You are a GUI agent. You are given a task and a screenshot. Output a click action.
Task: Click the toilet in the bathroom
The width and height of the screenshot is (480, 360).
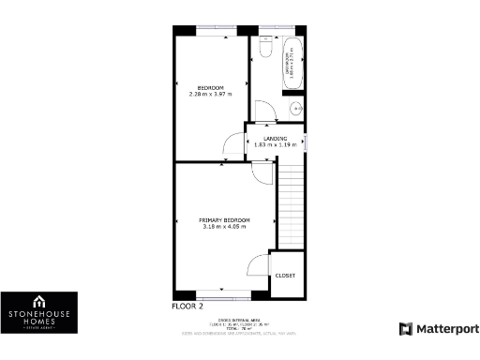pos(264,48)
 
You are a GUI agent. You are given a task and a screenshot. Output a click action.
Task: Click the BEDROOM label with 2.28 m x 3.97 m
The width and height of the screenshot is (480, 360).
pos(210,87)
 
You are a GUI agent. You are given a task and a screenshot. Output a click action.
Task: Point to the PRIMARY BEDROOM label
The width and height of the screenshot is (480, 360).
pos(223,219)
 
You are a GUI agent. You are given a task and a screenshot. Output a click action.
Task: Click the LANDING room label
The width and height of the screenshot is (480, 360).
pos(276,139)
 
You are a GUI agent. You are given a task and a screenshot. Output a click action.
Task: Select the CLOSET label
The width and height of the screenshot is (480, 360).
pos(285,276)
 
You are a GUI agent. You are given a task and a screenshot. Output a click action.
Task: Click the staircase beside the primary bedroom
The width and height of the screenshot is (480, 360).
pos(292,206)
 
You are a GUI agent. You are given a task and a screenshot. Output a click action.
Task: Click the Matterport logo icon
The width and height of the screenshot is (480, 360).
pos(405,329)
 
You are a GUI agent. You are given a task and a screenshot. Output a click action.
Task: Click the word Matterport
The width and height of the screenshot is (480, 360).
pos(447,329)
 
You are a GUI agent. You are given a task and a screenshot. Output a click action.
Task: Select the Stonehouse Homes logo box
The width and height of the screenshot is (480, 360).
pos(38,313)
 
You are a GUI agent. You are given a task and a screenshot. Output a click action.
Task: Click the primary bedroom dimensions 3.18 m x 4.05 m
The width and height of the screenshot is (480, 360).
pos(223,227)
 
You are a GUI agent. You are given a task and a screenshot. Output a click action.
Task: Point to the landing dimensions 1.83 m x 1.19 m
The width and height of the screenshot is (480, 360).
pos(276,145)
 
